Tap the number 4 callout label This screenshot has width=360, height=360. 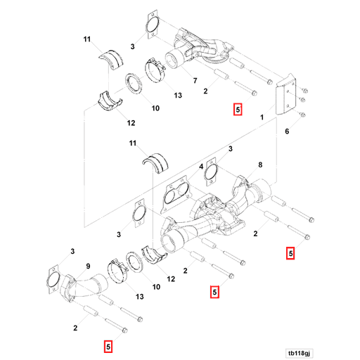[x=200, y=167]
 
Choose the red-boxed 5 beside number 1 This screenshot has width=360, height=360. [x=238, y=110]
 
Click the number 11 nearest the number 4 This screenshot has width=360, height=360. [x=131, y=143]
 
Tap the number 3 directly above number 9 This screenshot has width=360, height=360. [x=72, y=251]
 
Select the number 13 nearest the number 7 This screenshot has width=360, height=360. [x=177, y=95]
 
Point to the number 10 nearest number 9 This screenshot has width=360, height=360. [x=156, y=287]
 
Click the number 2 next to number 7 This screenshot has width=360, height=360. [x=205, y=91]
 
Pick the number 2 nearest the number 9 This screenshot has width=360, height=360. [x=75, y=328]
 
